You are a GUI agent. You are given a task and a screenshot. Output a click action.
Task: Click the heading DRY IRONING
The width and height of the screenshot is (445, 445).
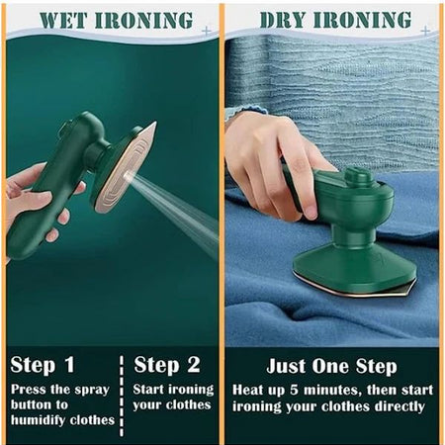pos(334,20)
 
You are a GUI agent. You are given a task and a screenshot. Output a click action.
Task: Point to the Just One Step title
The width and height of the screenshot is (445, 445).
pos(329,365)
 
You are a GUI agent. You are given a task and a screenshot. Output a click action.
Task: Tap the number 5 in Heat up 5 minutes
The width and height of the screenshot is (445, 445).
pos(300,389)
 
